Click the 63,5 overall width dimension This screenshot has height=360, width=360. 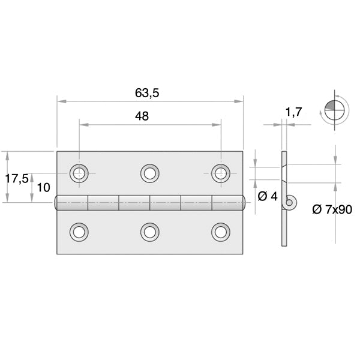tap(150, 93)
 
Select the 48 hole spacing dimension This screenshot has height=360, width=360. tap(142, 116)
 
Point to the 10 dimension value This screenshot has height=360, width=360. tap(43, 187)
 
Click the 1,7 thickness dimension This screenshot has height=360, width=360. tap(293, 111)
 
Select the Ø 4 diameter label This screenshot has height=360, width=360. tap(267, 196)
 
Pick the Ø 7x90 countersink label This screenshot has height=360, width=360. tap(332, 209)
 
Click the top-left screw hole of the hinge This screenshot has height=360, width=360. tap(79, 173)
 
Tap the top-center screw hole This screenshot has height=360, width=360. tap(150, 173)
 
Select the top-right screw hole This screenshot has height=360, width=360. tap(221, 173)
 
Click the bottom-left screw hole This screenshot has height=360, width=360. tap(79, 231)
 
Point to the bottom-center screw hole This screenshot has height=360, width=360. tap(150, 231)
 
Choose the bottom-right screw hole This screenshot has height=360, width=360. tap(221, 231)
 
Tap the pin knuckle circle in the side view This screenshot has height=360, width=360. tap(290, 203)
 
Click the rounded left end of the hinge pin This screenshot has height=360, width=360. tap(58, 203)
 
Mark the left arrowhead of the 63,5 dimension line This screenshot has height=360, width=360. tap(60, 101)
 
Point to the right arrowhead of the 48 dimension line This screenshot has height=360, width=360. tap(218, 125)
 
